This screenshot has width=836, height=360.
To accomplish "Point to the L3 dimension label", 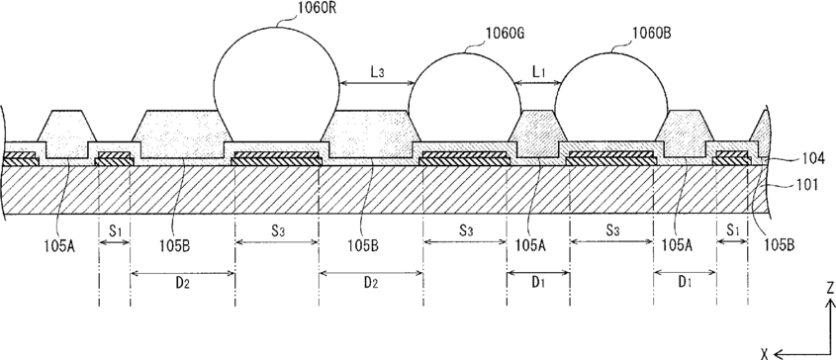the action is pos(376,72).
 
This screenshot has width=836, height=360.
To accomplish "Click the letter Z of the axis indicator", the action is pos(829,289).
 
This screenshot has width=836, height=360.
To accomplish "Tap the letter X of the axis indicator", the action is pos(765,353).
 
